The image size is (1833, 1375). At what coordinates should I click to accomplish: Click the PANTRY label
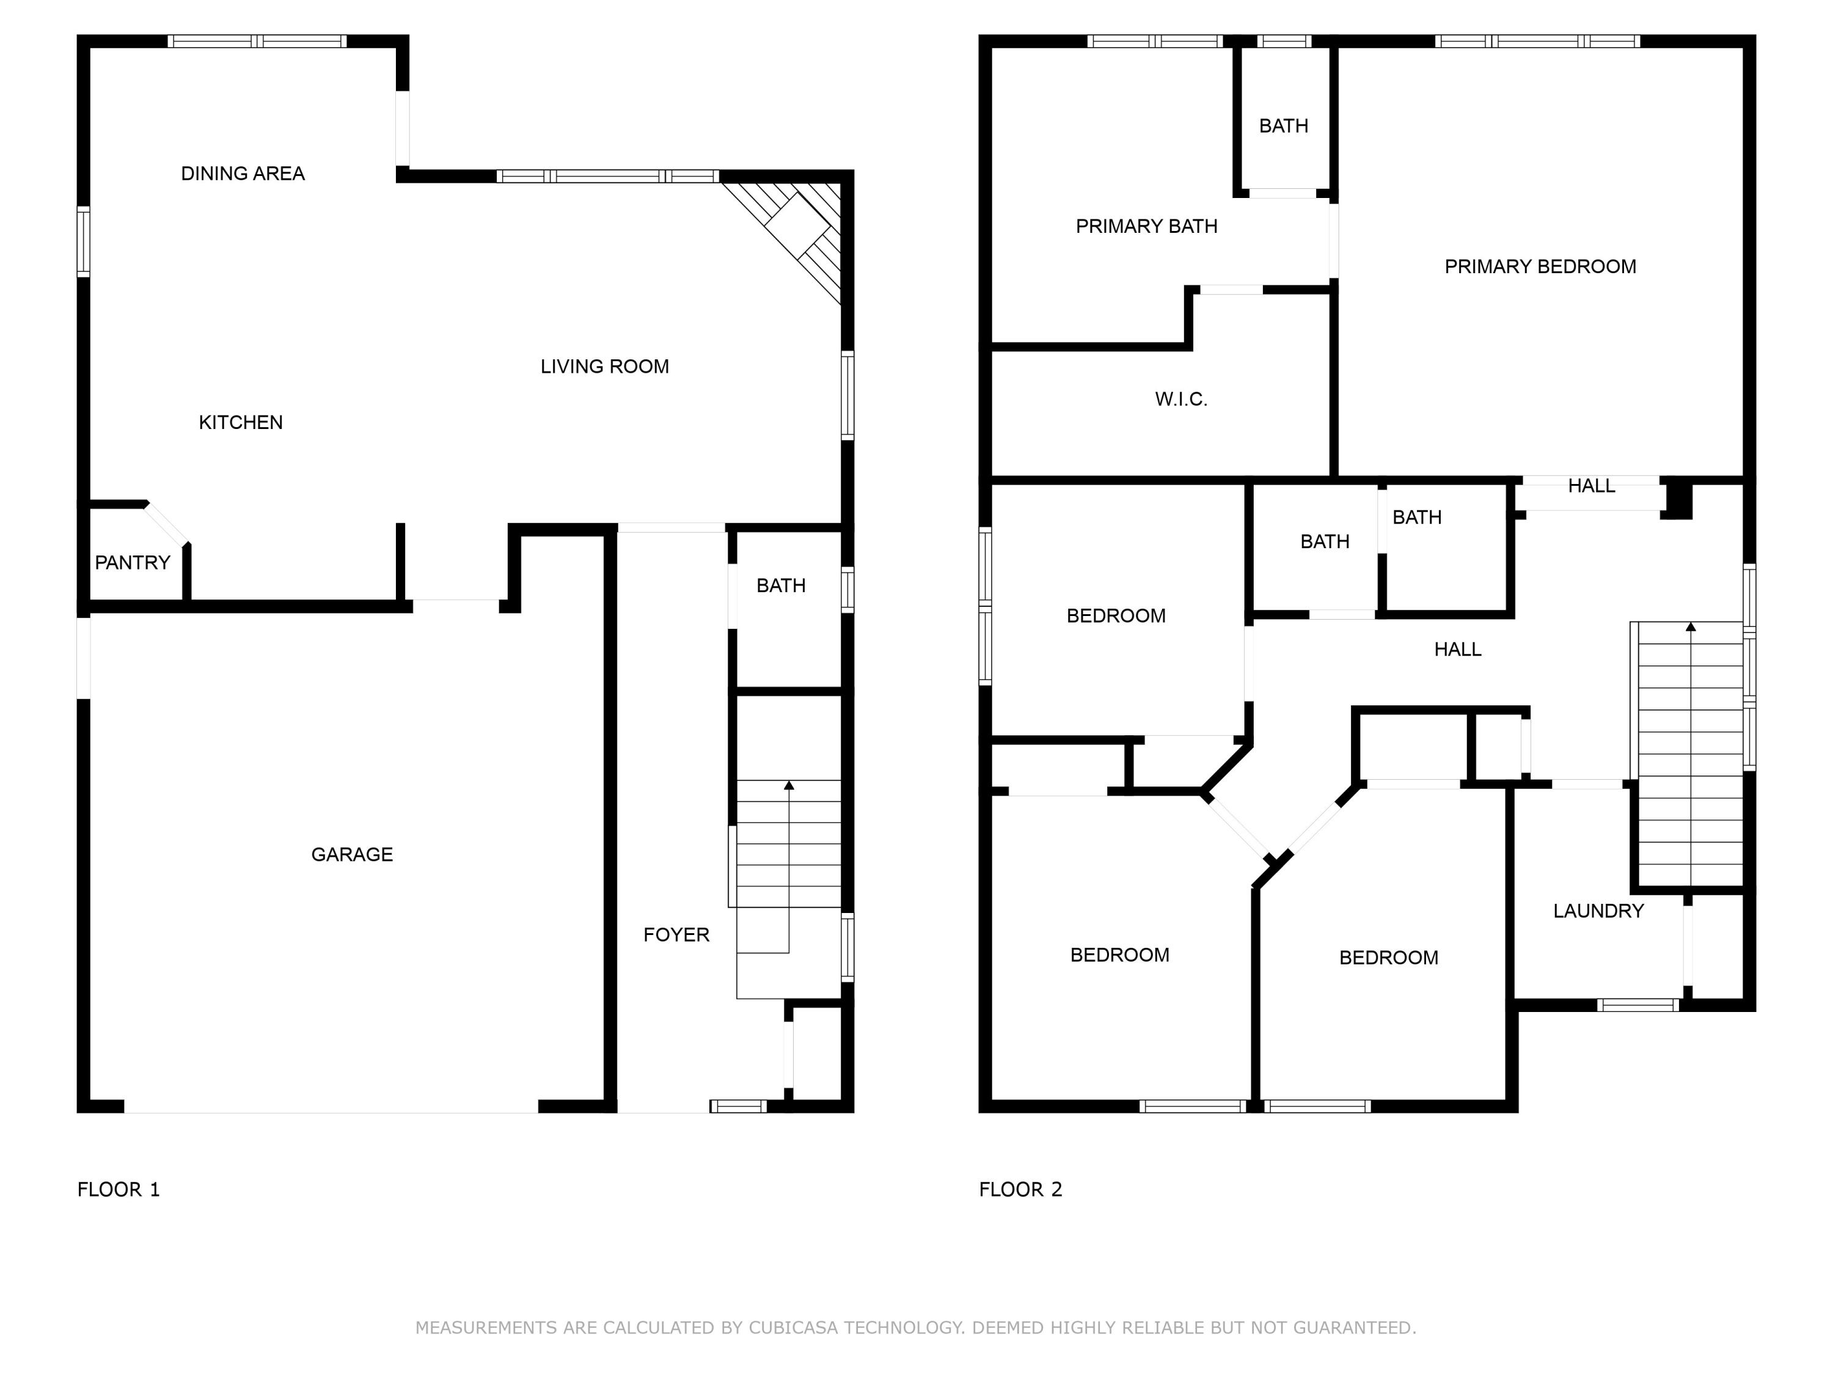coord(133,563)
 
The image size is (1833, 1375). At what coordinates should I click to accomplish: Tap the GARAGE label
coord(351,854)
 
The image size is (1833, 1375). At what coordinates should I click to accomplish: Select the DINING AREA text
coord(243,173)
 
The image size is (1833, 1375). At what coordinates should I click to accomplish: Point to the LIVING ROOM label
coord(604,366)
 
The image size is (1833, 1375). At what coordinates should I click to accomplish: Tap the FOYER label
coord(676,935)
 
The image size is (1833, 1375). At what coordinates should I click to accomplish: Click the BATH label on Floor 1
coord(781,586)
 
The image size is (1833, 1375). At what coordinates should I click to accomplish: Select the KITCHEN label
coord(240,423)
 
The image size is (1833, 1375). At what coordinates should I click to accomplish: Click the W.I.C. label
coord(1181,400)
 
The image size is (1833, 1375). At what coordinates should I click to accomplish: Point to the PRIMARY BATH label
coord(1146,226)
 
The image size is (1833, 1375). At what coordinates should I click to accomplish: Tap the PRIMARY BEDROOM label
coord(1540,267)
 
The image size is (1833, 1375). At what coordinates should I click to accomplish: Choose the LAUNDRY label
coord(1598,912)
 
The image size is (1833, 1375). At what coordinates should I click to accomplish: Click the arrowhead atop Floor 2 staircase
coord(1691,626)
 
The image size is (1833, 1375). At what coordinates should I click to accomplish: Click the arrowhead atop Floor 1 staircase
coord(789,785)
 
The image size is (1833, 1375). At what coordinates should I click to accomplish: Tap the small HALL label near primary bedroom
coord(1591,486)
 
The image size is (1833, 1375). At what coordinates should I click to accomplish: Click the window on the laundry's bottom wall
coord(1637,1005)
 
